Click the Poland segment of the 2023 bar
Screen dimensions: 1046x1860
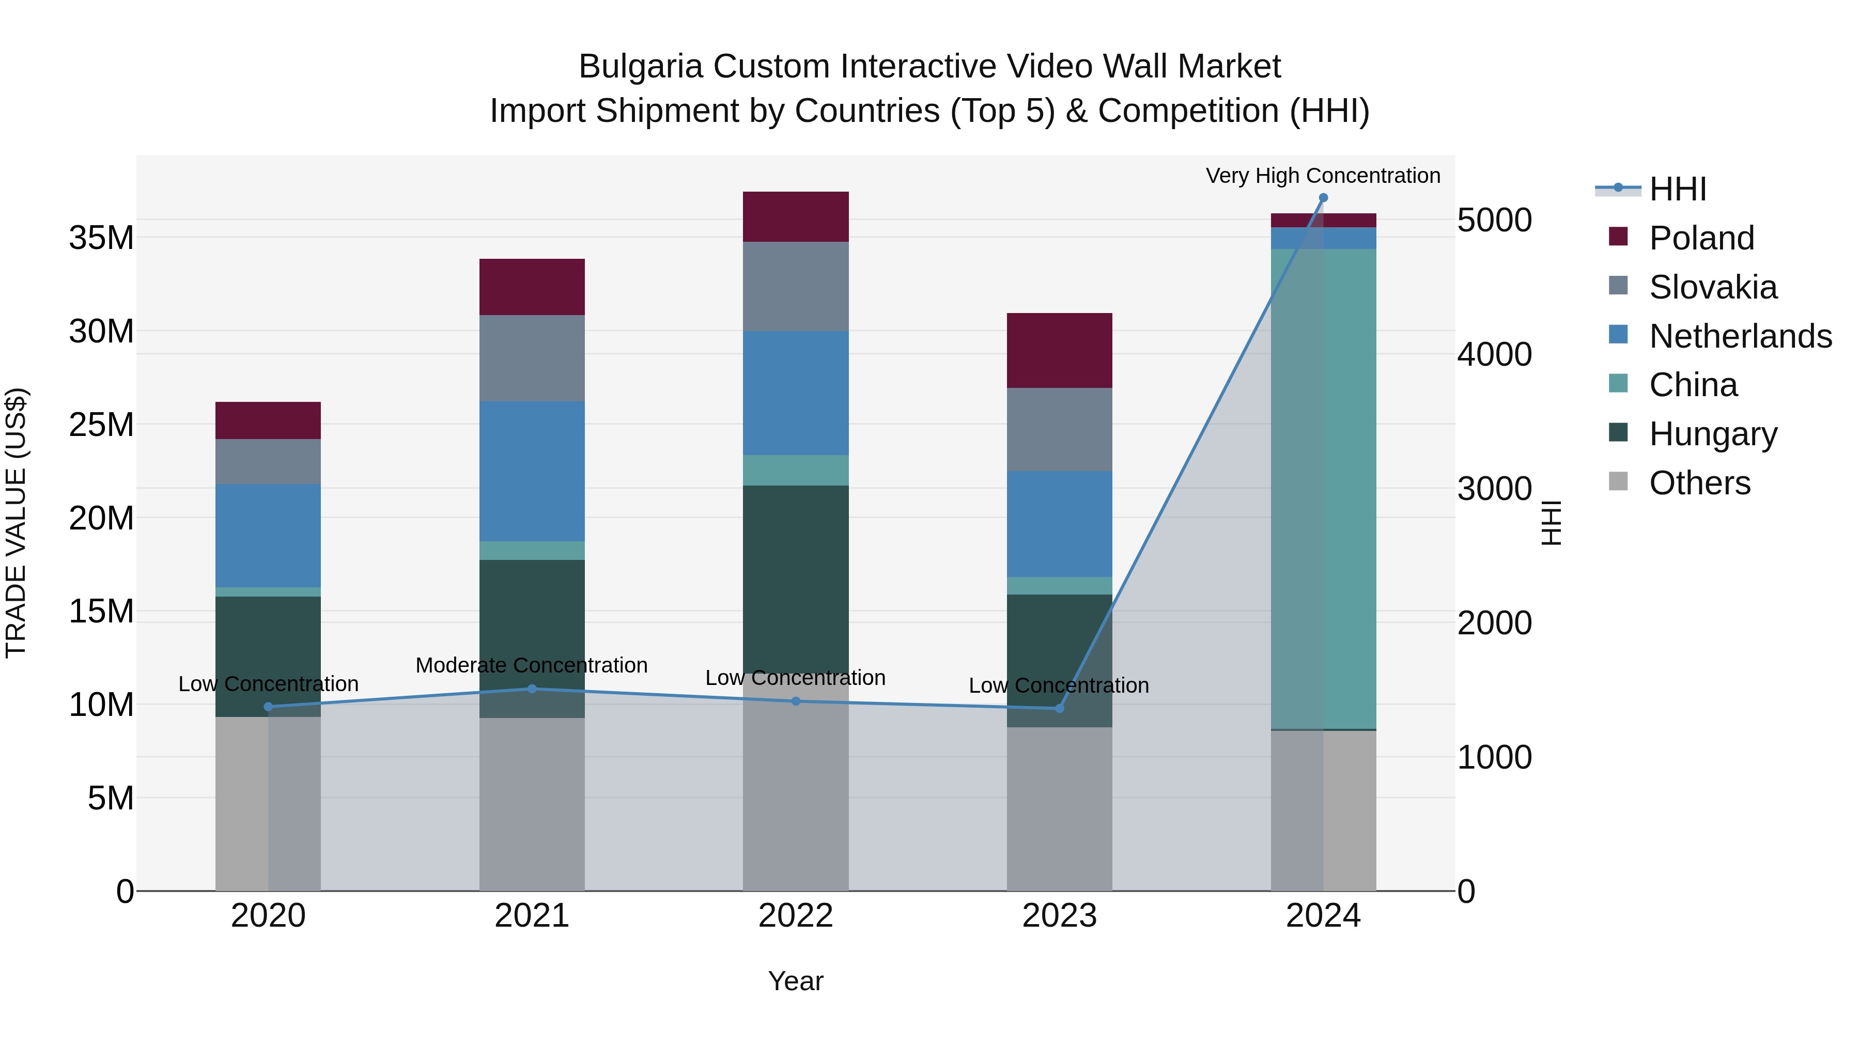coord(1059,350)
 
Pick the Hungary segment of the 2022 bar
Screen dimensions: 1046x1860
coord(796,577)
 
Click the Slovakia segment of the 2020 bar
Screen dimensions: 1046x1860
coord(268,461)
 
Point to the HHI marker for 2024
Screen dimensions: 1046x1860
coord(1323,198)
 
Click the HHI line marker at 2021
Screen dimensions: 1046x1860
coord(532,689)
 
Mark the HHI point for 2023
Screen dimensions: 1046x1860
coord(1059,708)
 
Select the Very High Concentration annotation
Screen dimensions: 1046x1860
coord(1323,176)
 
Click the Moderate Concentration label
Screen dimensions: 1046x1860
coord(532,665)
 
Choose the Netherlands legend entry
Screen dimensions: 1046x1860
coord(1740,336)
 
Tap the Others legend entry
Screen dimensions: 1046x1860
coord(1700,483)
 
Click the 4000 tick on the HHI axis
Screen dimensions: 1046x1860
coord(1494,354)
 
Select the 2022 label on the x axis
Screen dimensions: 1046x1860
coord(796,916)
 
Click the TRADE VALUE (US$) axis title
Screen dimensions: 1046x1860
coord(16,523)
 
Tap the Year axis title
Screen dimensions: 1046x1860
coord(796,981)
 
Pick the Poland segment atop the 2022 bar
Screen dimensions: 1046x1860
coord(796,216)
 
